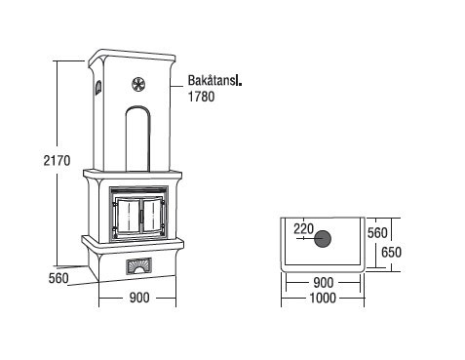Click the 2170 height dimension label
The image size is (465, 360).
pos(57,161)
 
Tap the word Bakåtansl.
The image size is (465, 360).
pos(214,80)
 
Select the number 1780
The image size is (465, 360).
pos(202,97)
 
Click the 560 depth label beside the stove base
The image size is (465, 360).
pos(58,278)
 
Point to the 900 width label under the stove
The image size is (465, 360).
pos(139,298)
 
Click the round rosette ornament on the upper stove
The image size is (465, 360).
pos(138,84)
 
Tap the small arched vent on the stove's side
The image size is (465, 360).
pos(97,88)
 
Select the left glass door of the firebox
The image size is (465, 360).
pos(128,216)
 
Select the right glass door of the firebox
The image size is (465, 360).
pos(152,216)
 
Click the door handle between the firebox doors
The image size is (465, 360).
pos(141,217)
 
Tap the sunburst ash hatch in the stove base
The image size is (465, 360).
pos(138,265)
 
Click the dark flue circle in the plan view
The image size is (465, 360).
pos(323,239)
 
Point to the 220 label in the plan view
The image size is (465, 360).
pos(303,229)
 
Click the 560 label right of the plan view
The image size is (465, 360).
pos(377,233)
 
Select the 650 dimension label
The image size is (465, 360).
pos(391,253)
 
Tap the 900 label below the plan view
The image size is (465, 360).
pos(324,283)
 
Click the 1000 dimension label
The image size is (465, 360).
pos(323,298)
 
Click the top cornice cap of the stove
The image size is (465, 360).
pos(133,57)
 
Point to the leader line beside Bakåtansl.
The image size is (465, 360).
pos(177,86)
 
